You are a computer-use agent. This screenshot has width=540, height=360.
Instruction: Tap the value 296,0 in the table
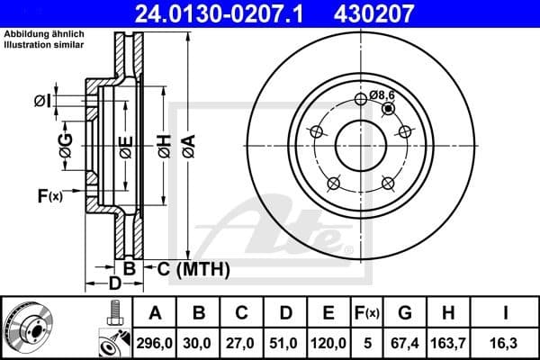156,343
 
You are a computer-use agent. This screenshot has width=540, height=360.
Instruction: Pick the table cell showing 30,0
199,343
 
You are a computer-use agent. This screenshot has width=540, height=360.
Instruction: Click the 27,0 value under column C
242,343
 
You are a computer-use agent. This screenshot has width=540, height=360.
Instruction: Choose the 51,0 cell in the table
285,343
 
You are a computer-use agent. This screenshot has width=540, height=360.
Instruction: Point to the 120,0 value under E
328,343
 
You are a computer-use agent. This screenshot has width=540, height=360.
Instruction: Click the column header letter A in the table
156,314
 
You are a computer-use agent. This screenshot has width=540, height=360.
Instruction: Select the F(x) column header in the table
368,314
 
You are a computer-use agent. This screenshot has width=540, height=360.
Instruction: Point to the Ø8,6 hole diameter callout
382,94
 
